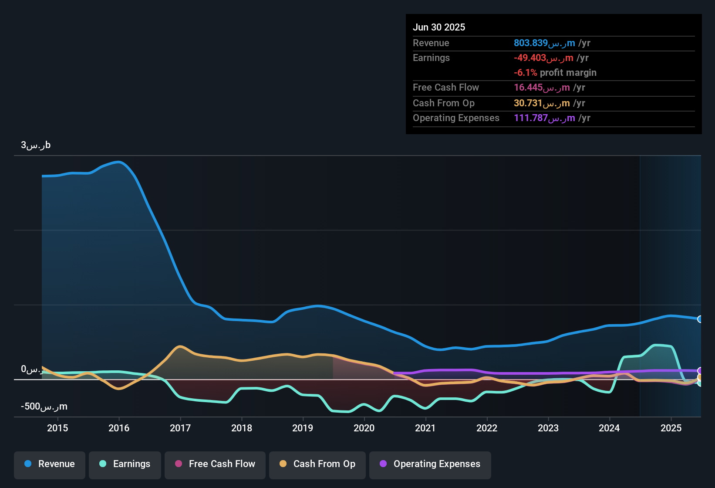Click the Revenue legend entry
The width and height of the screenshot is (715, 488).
point(50,464)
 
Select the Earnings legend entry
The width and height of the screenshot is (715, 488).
point(125,464)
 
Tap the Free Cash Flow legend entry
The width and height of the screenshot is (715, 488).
point(215,464)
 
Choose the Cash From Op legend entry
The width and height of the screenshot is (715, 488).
point(317,464)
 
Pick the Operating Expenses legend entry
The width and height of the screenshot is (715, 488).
point(430,464)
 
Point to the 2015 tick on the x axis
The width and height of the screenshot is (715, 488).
point(57,428)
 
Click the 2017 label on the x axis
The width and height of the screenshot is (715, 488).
point(180,428)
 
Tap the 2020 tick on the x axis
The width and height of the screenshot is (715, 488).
point(364,428)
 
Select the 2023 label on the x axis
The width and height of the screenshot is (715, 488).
point(548,428)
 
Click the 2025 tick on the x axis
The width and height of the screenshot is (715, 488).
point(671,428)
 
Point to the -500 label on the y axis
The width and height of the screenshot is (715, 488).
point(44,407)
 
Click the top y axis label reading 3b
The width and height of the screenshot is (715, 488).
point(36,145)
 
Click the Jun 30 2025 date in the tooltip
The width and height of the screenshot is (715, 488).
point(439,27)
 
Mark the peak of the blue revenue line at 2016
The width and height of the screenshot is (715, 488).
point(119,162)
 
